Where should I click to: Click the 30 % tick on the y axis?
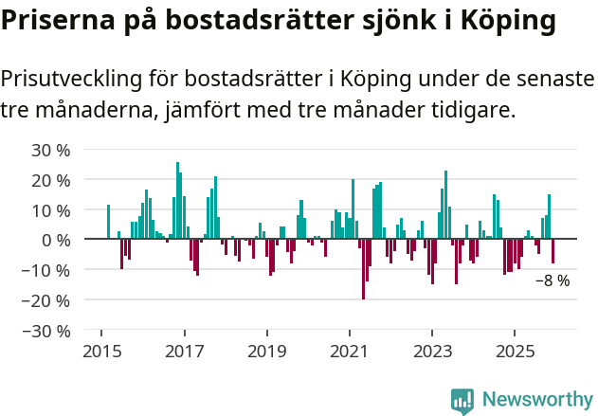(51, 150)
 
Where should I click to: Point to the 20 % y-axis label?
(51, 180)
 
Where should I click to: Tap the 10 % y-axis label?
(51, 210)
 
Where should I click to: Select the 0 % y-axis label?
(56, 241)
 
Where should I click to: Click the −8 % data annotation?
(553, 280)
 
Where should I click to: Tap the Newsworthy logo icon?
(462, 401)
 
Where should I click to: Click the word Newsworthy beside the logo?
(536, 401)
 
